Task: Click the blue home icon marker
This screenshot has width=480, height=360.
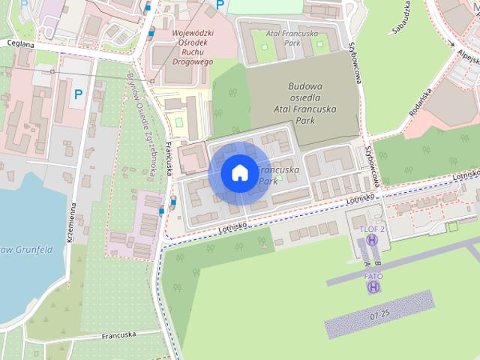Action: click(x=239, y=172)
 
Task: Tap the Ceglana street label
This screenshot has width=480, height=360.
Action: click(x=21, y=43)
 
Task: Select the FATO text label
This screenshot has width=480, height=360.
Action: click(x=373, y=276)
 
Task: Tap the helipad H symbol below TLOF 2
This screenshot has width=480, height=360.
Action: click(x=372, y=241)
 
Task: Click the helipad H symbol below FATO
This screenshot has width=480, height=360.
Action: click(x=373, y=287)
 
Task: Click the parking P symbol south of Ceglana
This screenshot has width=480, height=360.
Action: click(x=78, y=94)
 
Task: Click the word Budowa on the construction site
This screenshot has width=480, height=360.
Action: click(x=304, y=85)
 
